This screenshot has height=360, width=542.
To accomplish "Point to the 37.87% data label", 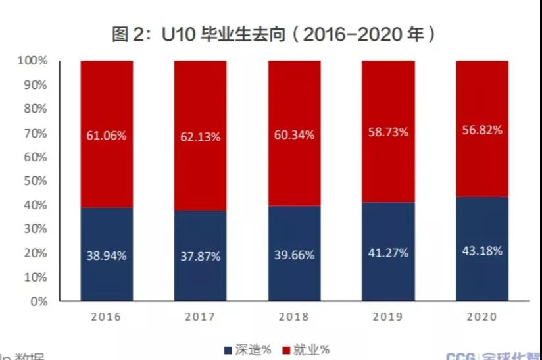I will [x=201, y=256].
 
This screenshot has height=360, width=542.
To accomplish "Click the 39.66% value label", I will [x=295, y=255].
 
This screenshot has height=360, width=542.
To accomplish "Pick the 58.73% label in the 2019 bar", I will [x=389, y=132].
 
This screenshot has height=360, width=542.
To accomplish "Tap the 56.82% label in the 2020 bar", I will [x=482, y=130].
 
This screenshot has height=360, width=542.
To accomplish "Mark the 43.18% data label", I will [x=482, y=251].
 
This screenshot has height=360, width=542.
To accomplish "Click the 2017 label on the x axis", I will [x=201, y=317].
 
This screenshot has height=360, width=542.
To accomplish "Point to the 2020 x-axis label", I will [x=482, y=317].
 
